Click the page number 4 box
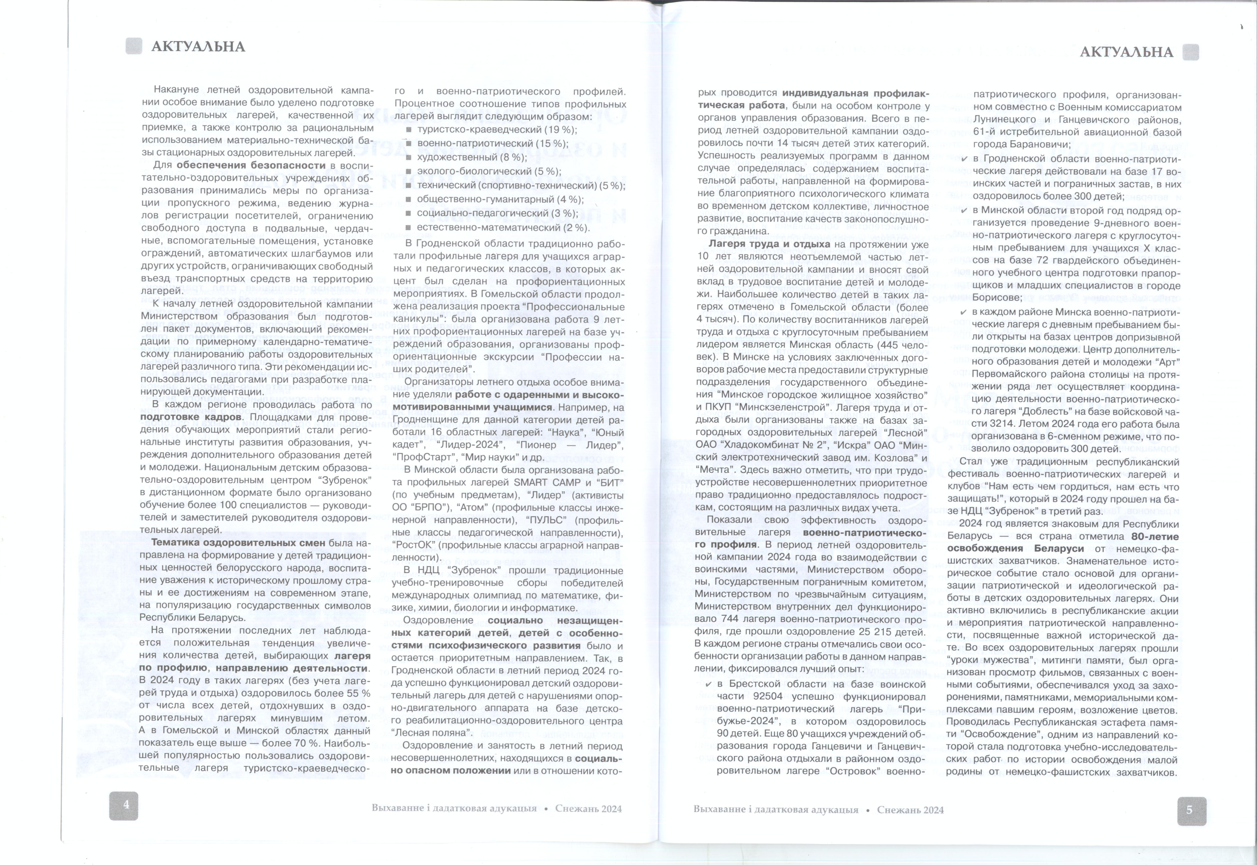124,805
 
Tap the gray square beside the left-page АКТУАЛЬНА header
133,46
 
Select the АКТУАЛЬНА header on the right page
1126,52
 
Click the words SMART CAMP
550,482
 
